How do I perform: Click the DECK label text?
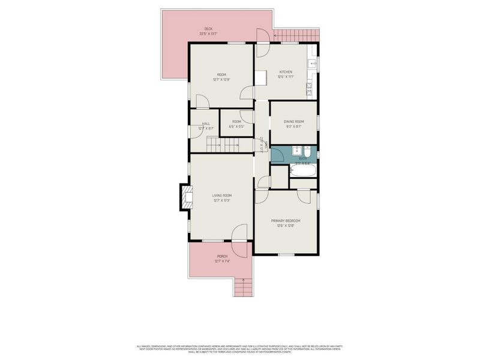[x=208, y=29]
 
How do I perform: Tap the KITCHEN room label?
[x=284, y=72]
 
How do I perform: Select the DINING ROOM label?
[x=294, y=122]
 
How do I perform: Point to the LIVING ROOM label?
[x=222, y=196]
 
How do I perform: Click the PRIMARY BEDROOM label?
[x=286, y=221]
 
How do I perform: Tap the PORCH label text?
[x=222, y=257]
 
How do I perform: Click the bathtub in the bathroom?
[x=302, y=170]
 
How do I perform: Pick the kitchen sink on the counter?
[x=312, y=63]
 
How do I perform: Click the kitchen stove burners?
[x=311, y=91]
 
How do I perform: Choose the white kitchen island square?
[x=260, y=78]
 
